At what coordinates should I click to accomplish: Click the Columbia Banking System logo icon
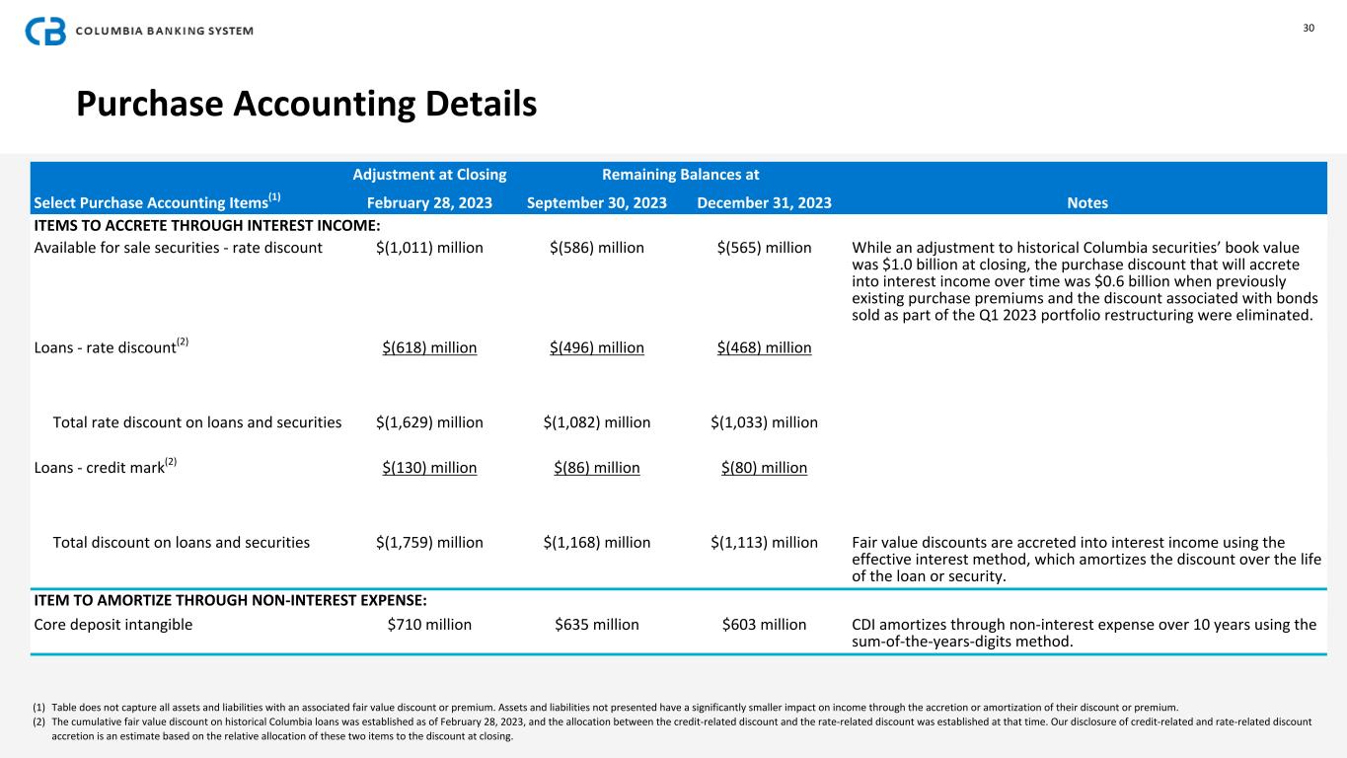point(45,31)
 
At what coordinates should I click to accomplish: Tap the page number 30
point(1309,28)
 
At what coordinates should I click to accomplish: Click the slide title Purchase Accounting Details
point(307,104)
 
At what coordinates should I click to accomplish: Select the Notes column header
point(1087,203)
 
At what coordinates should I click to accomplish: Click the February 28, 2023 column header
point(429,203)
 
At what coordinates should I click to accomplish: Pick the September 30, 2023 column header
point(597,203)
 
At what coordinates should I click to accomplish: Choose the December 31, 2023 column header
point(764,203)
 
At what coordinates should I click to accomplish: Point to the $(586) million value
point(597,248)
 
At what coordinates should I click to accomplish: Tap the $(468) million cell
point(764,347)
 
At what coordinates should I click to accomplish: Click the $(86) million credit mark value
point(597,467)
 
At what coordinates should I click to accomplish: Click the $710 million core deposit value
point(429,624)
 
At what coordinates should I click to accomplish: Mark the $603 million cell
point(764,624)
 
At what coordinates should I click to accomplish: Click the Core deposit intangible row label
point(113,624)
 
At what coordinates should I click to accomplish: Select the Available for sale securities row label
point(179,248)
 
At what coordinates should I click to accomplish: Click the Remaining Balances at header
point(680,175)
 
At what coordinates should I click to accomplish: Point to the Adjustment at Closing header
point(429,175)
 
